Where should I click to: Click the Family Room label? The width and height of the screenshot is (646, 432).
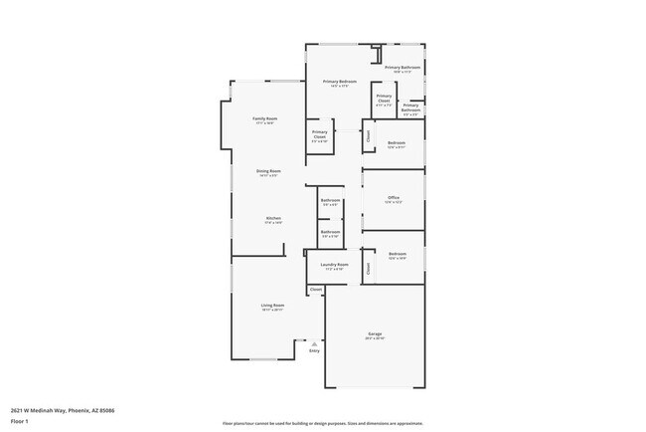(265, 118)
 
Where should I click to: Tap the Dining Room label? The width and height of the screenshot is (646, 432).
(269, 170)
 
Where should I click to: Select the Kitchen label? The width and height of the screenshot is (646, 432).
(273, 218)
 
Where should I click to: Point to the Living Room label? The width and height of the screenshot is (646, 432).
(273, 305)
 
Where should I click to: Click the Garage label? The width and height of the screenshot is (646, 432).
(376, 333)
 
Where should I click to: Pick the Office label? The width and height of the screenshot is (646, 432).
(395, 198)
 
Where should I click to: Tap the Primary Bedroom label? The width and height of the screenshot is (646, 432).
(340, 81)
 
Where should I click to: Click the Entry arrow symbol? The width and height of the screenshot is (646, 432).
(314, 342)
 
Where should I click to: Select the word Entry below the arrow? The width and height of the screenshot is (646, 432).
(314, 350)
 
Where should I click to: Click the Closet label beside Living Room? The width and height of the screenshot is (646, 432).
(316, 290)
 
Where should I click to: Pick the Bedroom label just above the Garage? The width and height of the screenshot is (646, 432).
(398, 254)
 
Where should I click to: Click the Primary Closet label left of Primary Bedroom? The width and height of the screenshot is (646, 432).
(320, 132)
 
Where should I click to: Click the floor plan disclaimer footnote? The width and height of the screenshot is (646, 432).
(322, 422)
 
